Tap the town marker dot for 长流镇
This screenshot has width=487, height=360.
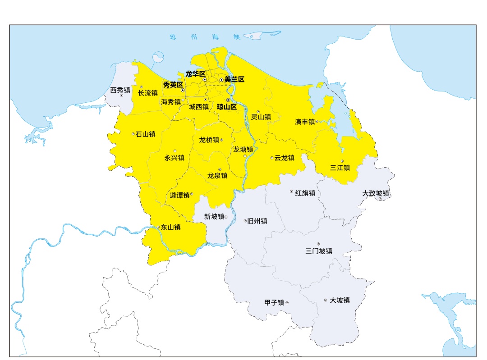tap(142, 87)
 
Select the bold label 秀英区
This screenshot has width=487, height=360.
tap(173, 84)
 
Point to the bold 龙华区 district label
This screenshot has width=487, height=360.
tap(195, 73)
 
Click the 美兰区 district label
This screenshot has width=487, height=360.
tap(234, 79)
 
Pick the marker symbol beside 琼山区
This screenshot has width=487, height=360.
tap(228, 100)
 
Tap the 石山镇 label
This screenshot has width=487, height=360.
tap(146, 134)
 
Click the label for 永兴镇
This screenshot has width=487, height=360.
tap(174, 158)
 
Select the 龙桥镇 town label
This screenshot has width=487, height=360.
tap(209, 140)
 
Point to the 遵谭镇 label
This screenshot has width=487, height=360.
tap(179, 195)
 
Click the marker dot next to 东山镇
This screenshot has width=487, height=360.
tap(158, 227)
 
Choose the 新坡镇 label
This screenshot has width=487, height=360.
tap(214, 216)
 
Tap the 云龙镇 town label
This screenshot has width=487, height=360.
tap(285, 158)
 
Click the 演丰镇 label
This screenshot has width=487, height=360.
tap(305, 122)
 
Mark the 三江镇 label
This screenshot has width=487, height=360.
tap(340, 168)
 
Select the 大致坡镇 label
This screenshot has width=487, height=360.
tap(376, 193)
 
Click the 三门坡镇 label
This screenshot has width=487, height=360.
tap(318, 251)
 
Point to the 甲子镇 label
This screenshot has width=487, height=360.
tap(274, 303)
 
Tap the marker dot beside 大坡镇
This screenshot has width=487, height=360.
tap(326, 300)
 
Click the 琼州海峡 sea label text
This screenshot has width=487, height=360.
tap(206, 37)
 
